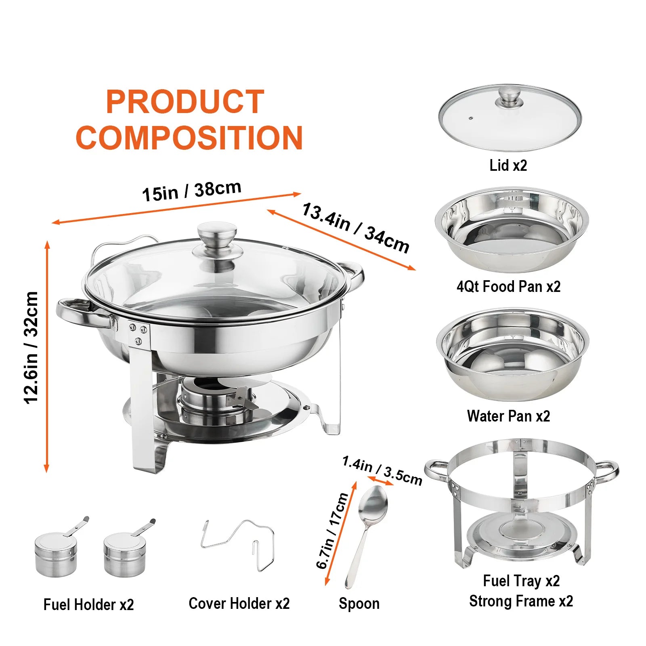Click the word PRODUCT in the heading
tap(185, 102)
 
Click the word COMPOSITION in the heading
tap(189, 138)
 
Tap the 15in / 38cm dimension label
tap(192, 191)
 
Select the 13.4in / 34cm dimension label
tap(356, 228)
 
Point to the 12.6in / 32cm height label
tap(31, 348)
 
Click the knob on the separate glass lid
tap(510, 97)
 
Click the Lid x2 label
tap(508, 165)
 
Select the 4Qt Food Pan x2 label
tap(509, 287)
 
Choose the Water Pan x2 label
tap(509, 416)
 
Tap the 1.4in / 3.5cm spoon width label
tap(382, 470)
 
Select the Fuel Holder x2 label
tap(89, 604)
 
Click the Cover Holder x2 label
tap(239, 604)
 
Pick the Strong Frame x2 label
tap(521, 601)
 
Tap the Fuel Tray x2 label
tap(521, 581)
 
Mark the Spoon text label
tap(359, 604)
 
